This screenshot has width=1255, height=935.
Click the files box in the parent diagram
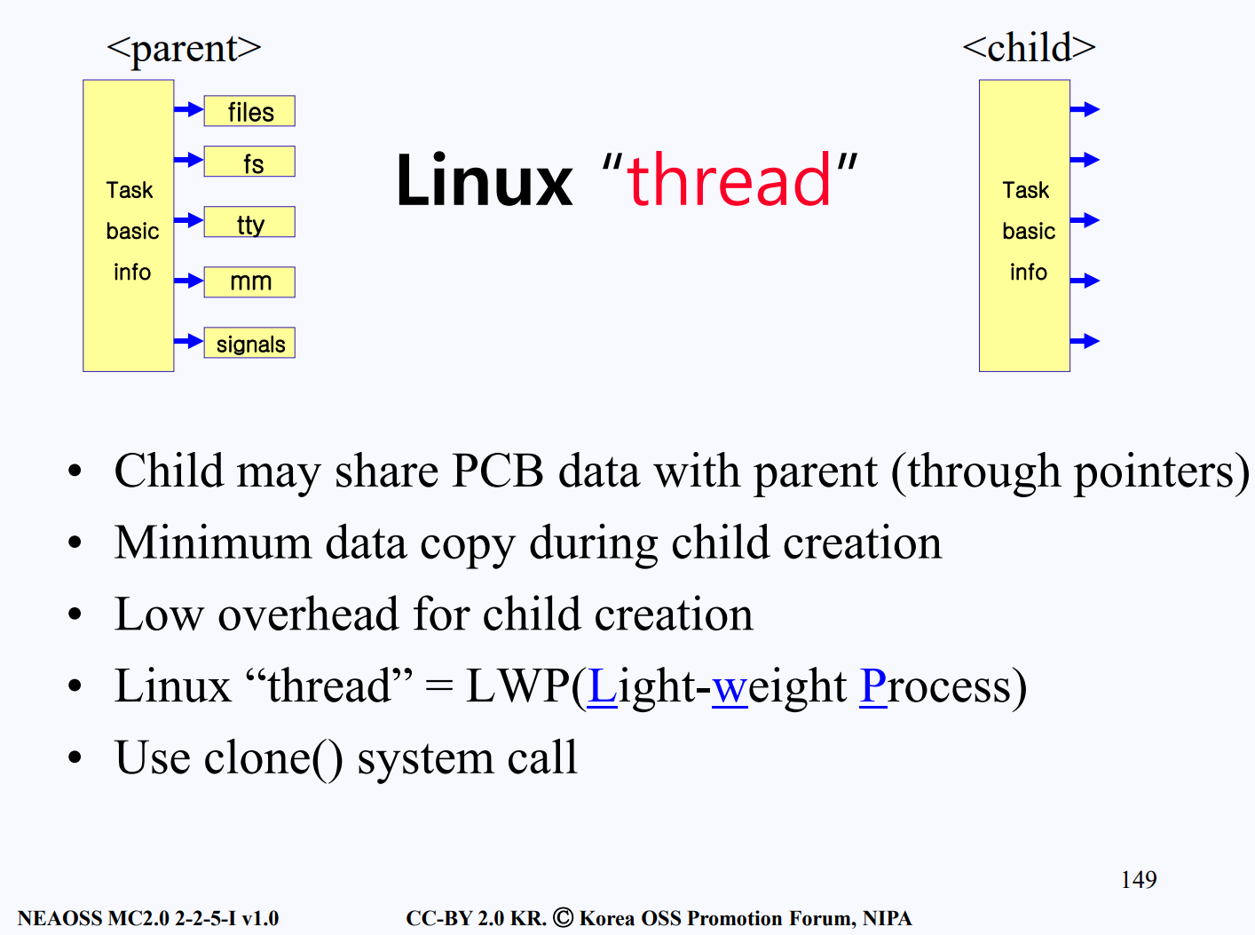click(x=249, y=111)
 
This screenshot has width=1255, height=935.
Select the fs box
click(x=249, y=162)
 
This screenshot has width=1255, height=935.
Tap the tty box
click(x=249, y=221)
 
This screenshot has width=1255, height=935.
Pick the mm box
click(x=249, y=282)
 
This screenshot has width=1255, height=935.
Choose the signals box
click(x=249, y=343)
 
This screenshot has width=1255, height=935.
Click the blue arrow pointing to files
click(x=189, y=108)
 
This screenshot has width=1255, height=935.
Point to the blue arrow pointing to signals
click(x=189, y=341)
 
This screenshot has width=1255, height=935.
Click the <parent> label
click(x=184, y=49)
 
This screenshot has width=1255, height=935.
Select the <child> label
click(x=1030, y=47)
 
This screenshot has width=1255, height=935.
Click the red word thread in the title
click(x=729, y=180)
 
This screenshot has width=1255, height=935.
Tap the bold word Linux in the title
click(x=485, y=181)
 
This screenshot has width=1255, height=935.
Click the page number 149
click(x=1139, y=879)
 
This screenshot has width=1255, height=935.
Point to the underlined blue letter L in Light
click(x=602, y=686)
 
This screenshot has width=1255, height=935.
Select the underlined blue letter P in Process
click(x=873, y=686)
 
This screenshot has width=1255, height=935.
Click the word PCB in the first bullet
click(x=498, y=471)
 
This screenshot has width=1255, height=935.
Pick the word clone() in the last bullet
click(x=273, y=758)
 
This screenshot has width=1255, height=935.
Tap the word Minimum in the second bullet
click(x=213, y=543)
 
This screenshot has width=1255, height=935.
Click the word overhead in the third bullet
click(x=308, y=614)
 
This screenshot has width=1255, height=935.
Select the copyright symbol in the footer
click(x=563, y=917)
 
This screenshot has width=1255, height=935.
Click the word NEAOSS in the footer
click(x=59, y=918)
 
